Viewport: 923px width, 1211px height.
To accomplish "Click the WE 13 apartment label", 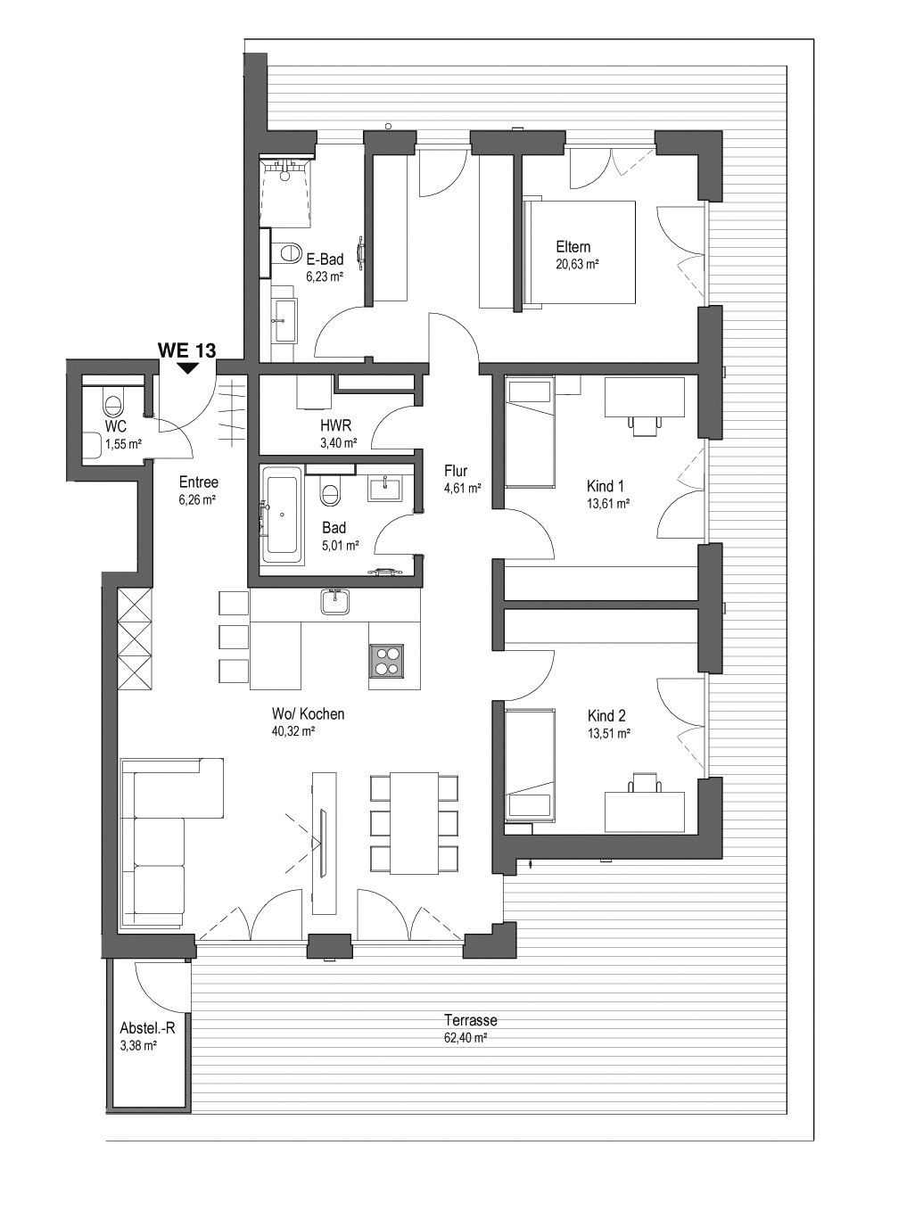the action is [186, 350].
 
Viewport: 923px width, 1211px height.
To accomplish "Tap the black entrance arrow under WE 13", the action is [188, 368].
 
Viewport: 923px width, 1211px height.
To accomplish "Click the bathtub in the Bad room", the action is [282, 515].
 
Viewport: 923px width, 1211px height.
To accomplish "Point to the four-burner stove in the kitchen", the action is [385, 661].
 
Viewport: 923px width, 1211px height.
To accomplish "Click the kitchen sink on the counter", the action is [334, 601].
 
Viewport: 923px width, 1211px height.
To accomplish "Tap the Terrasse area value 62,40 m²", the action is [466, 1037].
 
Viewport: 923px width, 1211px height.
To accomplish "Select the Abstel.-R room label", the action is [147, 1028].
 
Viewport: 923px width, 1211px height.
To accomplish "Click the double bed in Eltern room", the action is [580, 252].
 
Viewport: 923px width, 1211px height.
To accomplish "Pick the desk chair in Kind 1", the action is [645, 426].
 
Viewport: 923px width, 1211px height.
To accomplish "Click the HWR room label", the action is [335, 425].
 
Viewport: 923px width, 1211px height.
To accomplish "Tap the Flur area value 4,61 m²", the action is [462, 488].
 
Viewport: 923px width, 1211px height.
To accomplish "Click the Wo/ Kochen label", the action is [308, 714].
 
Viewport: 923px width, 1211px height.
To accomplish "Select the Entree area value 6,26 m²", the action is [197, 500].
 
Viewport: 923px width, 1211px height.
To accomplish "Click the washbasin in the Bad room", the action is [385, 488].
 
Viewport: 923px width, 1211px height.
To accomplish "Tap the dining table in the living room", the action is [414, 823].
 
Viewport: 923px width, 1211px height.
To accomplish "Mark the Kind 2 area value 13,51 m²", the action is [608, 734].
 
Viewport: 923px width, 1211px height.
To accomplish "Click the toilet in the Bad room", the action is [331, 493].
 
